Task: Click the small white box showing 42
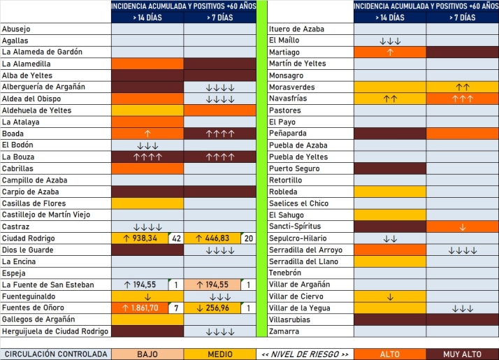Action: point(177,238)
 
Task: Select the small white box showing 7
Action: point(177,308)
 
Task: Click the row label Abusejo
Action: point(16,29)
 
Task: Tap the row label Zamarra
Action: point(284,331)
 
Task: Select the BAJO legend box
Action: point(147,354)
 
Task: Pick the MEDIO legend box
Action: point(220,354)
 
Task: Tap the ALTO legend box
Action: point(390,354)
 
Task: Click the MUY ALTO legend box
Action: point(463,354)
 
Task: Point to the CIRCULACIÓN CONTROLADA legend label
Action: point(55,354)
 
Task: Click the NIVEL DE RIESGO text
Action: point(305,354)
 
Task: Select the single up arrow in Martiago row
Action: point(390,52)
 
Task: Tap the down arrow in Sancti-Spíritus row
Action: point(463,226)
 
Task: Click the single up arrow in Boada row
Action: point(147,134)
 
